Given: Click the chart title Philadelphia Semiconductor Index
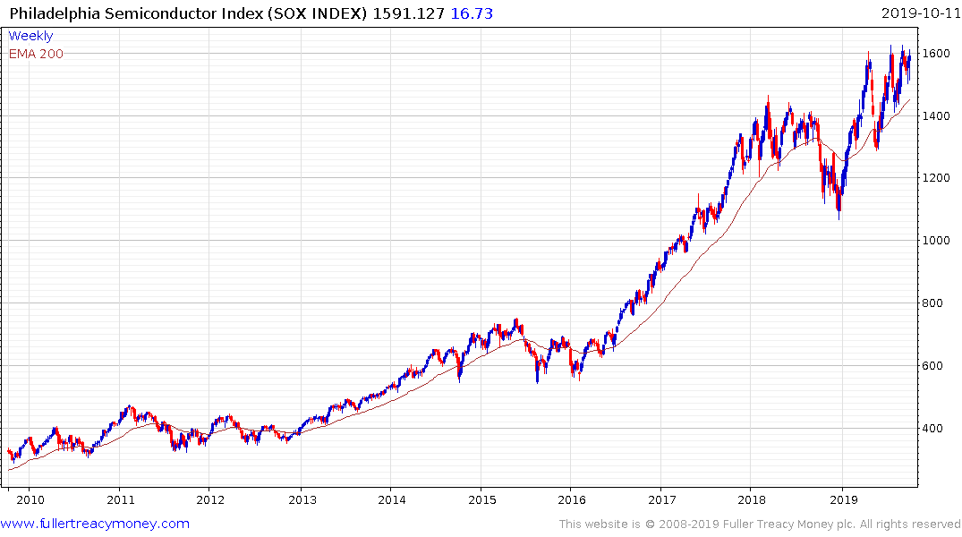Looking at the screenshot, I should (x=166, y=13).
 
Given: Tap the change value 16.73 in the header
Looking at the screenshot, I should (x=472, y=13).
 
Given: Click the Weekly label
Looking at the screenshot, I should (x=30, y=36).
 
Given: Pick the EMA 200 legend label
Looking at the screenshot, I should (x=36, y=54).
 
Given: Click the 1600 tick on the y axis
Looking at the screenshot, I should (x=939, y=53).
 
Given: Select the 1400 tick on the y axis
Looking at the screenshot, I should (x=939, y=115).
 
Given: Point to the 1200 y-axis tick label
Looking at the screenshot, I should (x=939, y=178).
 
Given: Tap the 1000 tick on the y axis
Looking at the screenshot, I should (x=939, y=241).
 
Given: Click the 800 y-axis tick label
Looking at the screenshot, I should (x=935, y=303).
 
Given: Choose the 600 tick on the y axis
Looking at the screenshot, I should (x=935, y=366).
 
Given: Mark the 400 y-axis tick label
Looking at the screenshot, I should (x=935, y=429).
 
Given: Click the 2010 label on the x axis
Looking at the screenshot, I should (x=30, y=499).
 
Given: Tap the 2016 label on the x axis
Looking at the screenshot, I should (x=571, y=499).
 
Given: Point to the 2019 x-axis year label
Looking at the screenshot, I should (x=843, y=499).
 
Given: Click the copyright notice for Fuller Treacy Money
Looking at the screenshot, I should (x=760, y=524).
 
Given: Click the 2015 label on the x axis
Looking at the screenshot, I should (x=481, y=499).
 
